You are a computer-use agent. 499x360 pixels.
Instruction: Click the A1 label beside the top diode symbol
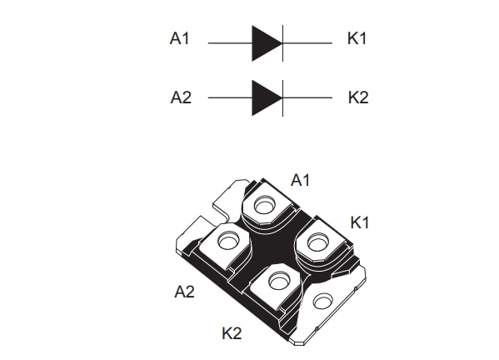pos(181,39)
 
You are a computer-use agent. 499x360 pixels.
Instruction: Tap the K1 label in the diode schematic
pos(357,39)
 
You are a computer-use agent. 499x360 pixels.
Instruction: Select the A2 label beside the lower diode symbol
pos(181,97)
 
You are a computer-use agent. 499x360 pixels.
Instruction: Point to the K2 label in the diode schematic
pos(357,97)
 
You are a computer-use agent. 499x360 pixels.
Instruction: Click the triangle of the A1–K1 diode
pos(266,42)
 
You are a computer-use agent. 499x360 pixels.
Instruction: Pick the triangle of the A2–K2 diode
pos(266,97)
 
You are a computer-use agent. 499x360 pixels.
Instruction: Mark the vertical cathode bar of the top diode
pos(283,42)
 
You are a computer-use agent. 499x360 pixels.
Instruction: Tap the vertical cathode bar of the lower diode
pos(283,97)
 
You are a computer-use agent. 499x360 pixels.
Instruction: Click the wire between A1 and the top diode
pos(229,42)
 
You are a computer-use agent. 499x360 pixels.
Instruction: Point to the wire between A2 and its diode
pos(229,97)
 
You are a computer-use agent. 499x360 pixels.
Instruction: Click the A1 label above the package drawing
pos(300,179)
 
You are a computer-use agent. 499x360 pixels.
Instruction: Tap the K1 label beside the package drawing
pos(360,222)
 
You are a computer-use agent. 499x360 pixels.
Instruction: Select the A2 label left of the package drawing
pos(184,291)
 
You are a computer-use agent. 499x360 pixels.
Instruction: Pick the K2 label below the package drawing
pos(232,333)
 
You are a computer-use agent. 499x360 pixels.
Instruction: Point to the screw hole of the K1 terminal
pos(317,242)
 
